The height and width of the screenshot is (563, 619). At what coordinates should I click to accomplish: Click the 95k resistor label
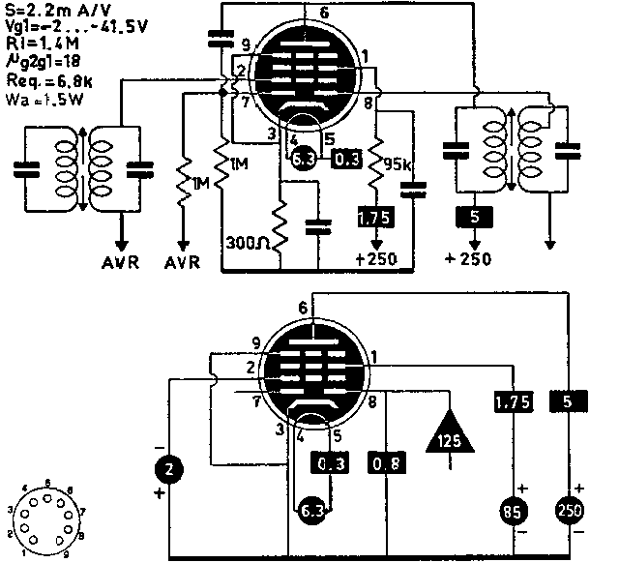pyautogui.click(x=398, y=163)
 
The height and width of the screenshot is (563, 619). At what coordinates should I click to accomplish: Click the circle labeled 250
pyautogui.click(x=570, y=511)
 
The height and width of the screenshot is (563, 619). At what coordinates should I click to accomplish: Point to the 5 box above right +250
pyautogui.click(x=475, y=218)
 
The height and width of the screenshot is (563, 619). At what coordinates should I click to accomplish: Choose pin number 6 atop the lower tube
pyautogui.click(x=306, y=308)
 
